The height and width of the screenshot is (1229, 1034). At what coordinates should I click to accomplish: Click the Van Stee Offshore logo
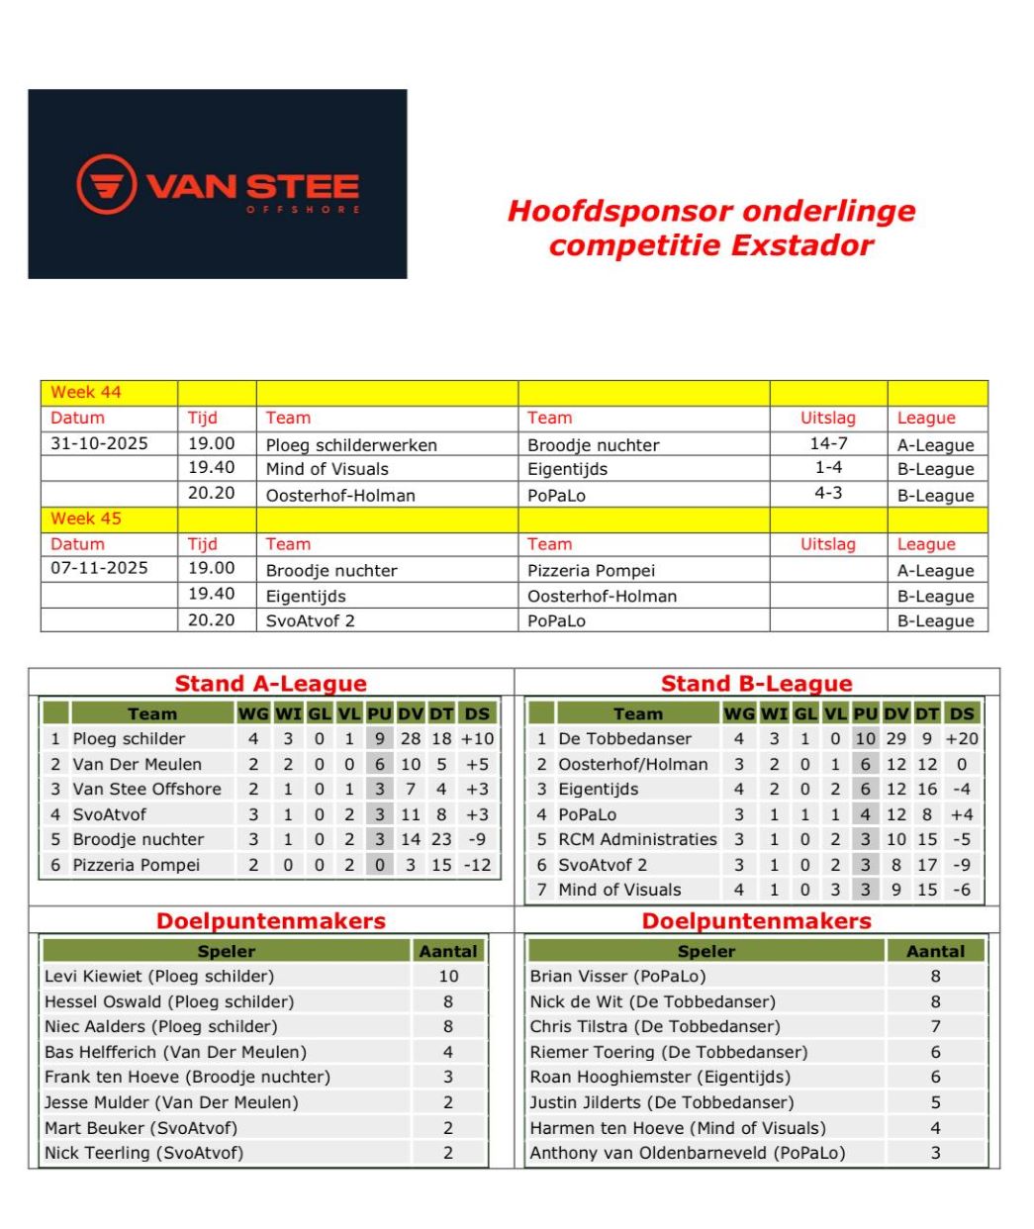[218, 185]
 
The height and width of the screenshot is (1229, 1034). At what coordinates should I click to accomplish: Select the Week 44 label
[86, 392]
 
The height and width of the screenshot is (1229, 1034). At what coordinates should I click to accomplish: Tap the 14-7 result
[828, 444]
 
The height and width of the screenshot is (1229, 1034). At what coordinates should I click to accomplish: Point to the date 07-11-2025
[99, 568]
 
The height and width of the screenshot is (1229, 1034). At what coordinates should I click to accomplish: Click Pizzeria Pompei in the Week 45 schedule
[591, 570]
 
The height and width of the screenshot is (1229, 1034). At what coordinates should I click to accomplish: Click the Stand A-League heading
[270, 684]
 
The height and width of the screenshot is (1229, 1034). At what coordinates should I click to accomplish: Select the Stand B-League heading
[756, 684]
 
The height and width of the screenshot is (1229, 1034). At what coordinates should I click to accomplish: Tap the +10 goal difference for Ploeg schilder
[477, 739]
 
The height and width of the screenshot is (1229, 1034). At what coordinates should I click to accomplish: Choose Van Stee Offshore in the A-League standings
[146, 789]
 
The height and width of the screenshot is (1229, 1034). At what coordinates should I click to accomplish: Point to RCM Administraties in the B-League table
[637, 839]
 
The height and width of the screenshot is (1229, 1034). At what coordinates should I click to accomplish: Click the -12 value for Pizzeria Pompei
[477, 865]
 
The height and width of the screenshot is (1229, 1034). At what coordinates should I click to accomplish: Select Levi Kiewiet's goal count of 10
[448, 977]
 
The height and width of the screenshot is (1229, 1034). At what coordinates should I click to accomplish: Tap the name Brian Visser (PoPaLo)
[617, 977]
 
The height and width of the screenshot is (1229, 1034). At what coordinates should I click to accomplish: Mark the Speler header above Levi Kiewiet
[227, 951]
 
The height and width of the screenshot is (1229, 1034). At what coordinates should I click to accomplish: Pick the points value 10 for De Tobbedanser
[866, 739]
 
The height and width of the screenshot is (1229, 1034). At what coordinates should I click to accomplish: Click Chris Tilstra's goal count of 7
[935, 1027]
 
